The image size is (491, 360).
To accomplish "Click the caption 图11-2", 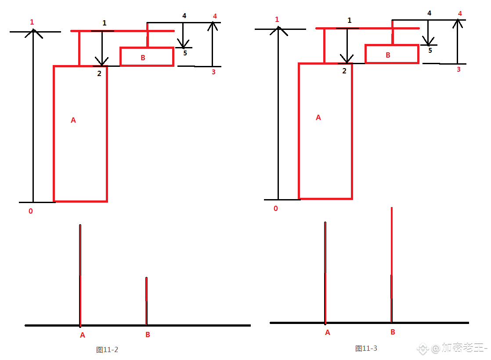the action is [107, 349].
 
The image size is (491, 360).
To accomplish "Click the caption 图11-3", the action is [366, 349].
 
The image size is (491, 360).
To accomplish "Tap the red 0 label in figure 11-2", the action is [31, 211].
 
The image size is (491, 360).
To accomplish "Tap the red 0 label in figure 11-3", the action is [275, 209].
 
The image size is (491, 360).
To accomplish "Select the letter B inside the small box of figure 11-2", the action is [143, 58].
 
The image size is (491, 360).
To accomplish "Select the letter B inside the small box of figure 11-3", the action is [388, 55].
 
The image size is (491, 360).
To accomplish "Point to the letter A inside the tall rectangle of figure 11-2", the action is [73, 120].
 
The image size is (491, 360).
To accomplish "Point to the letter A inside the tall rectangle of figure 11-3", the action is [318, 117].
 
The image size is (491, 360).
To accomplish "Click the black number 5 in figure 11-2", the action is [185, 53].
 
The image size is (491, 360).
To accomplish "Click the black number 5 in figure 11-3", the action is [430, 51].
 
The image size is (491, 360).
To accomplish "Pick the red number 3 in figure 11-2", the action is [213, 72].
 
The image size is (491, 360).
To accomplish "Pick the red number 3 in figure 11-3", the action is [459, 69].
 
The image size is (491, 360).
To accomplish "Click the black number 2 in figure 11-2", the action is [99, 74].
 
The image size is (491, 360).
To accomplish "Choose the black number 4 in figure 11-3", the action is [430, 13].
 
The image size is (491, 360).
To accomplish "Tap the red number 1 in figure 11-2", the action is [32, 22].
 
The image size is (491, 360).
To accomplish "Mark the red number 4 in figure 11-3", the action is [460, 14].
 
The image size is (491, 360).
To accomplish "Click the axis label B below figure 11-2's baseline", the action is [148, 335].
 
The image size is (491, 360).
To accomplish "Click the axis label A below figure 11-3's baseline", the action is [328, 332].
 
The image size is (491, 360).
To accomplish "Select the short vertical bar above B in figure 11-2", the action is [146, 301].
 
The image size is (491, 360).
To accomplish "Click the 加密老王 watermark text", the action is [463, 348].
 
